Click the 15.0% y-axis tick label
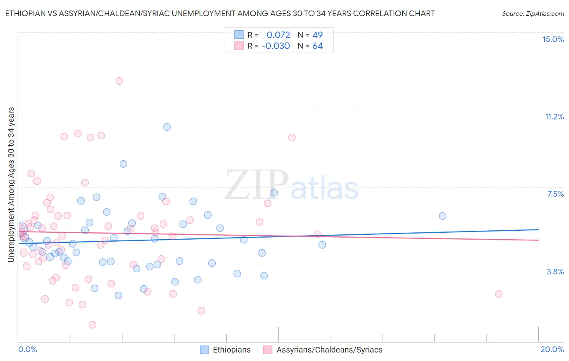coord(553,39)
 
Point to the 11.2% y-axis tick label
coord(554,117)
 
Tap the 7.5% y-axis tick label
coord(555,194)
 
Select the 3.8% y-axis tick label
coord(555,272)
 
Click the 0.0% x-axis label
coord(28,349)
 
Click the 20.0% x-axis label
coord(552,349)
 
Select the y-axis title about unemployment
coord(11,185)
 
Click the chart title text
coord(220,13)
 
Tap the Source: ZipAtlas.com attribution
coord(533,14)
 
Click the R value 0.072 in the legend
coord(278,35)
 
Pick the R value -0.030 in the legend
coord(276,46)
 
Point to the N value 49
coord(317,35)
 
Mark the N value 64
coord(317,46)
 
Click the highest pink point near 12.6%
coord(119,81)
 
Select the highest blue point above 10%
coord(167,127)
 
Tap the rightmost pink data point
coord(499,294)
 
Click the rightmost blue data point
coord(442,216)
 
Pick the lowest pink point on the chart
coord(92,325)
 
